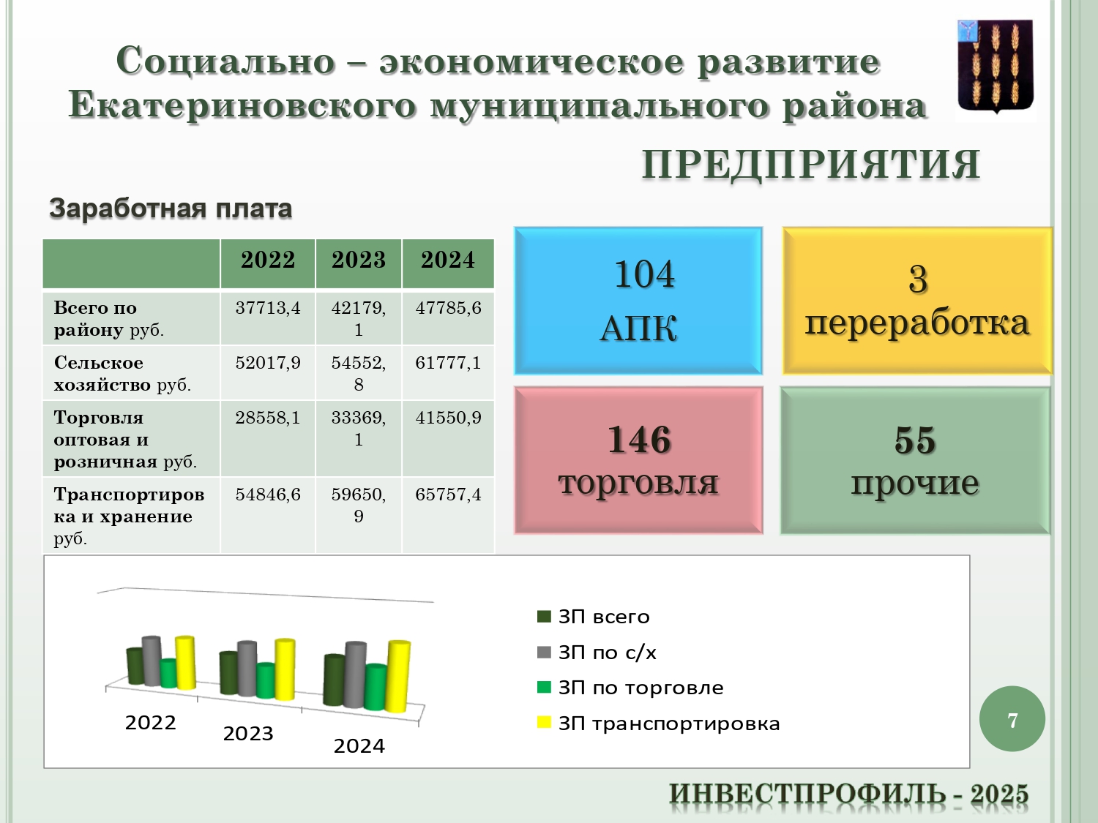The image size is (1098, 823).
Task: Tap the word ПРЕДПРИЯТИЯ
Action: (811, 165)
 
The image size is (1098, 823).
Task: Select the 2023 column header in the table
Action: (358, 260)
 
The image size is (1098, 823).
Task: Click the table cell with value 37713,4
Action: (268, 308)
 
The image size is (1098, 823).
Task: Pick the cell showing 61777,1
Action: (448, 363)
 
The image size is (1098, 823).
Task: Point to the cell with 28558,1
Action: (268, 418)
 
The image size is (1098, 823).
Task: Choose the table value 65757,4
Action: (448, 495)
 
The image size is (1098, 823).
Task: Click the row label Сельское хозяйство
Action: (122, 374)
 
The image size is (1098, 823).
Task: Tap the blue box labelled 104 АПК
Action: (638, 301)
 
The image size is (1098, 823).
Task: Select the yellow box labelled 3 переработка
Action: (917, 301)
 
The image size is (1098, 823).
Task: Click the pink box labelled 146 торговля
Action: (638, 460)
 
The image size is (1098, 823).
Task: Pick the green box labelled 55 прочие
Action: (915, 460)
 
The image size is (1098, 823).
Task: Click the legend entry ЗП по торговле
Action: (630, 688)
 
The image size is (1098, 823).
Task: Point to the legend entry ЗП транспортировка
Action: (658, 724)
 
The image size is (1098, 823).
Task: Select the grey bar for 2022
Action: (152, 661)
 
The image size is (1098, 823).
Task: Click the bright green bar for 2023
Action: (266, 680)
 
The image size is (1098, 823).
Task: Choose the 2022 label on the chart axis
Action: (151, 723)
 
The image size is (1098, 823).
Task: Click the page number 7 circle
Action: (1012, 719)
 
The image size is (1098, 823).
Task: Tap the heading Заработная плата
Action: (171, 208)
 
